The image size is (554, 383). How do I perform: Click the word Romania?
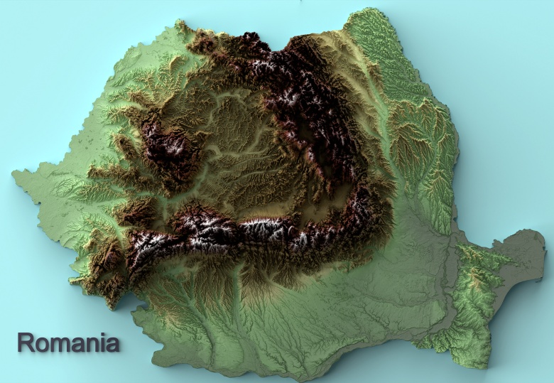coord(68,342)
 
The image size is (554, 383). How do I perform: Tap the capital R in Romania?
coord(26,342)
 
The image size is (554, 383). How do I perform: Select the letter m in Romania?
coord(60,344)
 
